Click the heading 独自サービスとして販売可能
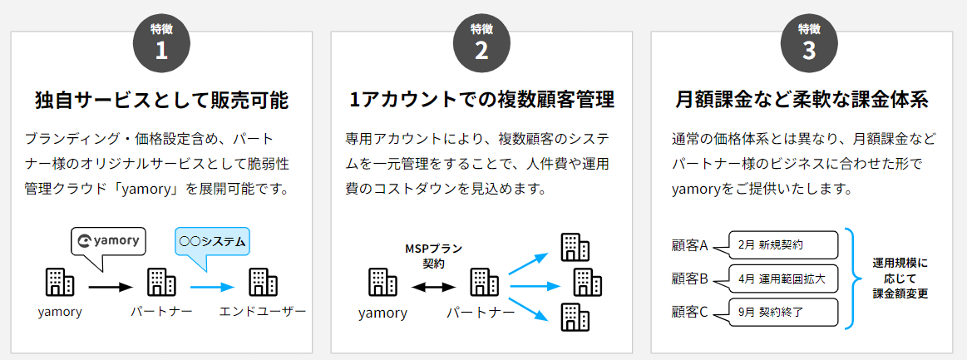161,101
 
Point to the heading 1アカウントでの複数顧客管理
481,101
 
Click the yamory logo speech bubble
108,243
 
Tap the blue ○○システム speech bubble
213,243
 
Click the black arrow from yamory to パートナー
111,287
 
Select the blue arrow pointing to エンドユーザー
212,287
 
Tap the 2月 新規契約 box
781,245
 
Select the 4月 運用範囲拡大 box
781,279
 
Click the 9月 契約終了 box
781,313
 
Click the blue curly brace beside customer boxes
851,279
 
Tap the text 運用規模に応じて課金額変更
900,279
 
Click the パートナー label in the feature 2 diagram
481,313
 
